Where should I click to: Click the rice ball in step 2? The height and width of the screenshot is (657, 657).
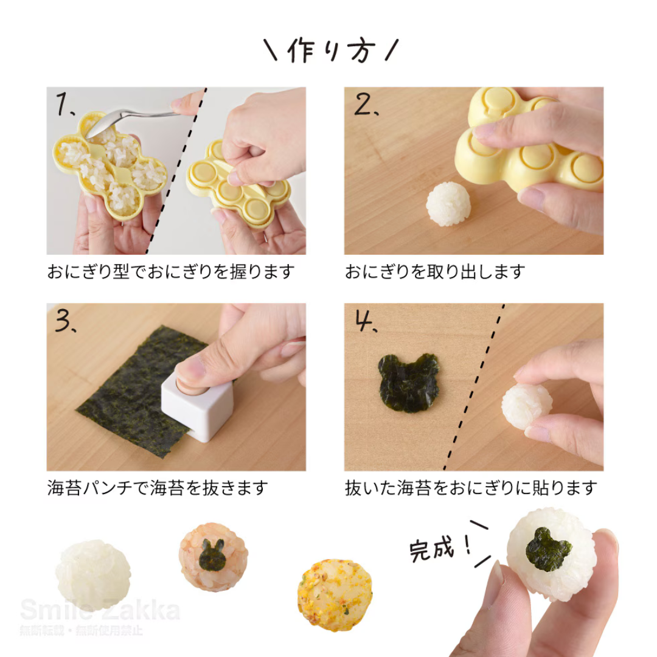(x=448, y=204)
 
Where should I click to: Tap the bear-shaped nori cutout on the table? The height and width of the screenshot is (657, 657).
(x=408, y=382)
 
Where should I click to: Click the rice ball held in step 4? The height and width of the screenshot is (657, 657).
(x=526, y=405)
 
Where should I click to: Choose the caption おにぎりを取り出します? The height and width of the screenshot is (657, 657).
(x=434, y=271)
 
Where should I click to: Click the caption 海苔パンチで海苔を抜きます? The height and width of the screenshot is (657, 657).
(x=158, y=488)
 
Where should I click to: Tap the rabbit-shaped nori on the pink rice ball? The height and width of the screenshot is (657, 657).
(x=211, y=554)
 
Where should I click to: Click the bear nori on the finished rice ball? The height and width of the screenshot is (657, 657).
(x=548, y=549)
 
